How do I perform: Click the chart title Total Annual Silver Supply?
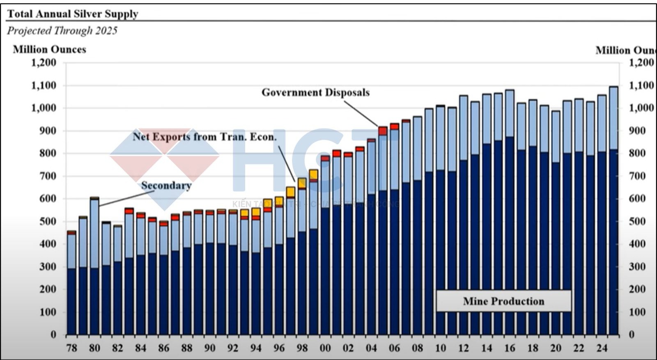pos(73,14)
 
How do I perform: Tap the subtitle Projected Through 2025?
pos(62,31)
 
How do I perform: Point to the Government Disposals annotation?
pos(315,92)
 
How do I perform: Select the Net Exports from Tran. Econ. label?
pos(204,137)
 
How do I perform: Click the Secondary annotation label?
pos(166,186)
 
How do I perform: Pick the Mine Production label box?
pos(503,301)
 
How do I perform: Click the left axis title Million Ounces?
pos(49,50)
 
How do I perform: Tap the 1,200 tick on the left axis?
pos(44,63)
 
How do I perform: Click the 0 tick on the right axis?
pos(632,335)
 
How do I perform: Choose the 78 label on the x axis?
pos(71,348)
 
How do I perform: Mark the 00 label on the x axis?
pos(325,348)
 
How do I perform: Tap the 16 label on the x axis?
pos(510,348)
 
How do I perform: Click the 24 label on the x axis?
pos(602,348)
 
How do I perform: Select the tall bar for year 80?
pos(94,267)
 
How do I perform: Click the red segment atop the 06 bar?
pos(394,126)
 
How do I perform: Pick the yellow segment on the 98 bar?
pos(302,183)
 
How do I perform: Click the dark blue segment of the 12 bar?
pos(463,246)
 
